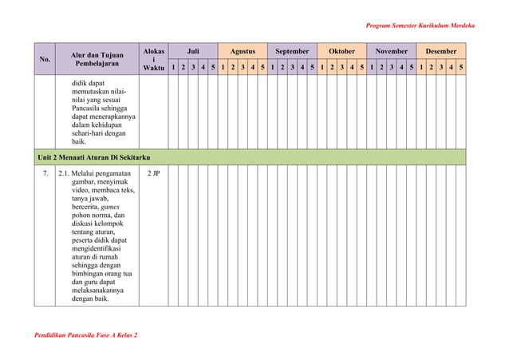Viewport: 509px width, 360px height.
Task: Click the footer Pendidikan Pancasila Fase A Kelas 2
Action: [x=85, y=334]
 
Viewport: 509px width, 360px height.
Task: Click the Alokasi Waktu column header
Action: [x=153, y=59]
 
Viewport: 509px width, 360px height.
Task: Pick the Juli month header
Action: [x=193, y=51]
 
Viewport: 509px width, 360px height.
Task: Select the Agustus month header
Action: [x=243, y=51]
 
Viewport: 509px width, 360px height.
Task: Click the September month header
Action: [x=292, y=51]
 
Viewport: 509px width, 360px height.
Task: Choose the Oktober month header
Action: [x=341, y=51]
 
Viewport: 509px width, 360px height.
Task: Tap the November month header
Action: [x=391, y=51]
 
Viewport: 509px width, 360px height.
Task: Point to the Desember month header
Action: [x=441, y=51]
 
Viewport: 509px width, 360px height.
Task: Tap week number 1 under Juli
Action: [x=174, y=69]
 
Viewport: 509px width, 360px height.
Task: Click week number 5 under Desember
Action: [x=461, y=69]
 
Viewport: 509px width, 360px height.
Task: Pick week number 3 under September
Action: [x=292, y=69]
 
